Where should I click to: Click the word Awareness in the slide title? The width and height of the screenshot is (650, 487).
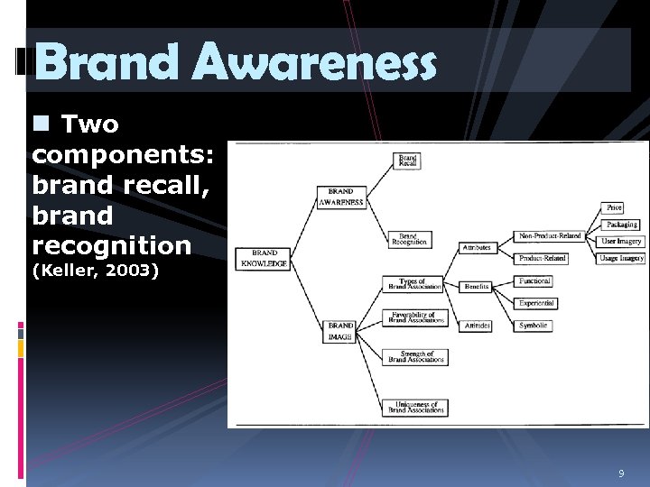(x=314, y=63)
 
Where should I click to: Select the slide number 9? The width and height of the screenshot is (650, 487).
(x=621, y=473)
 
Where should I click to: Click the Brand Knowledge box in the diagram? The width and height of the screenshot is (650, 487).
(x=264, y=259)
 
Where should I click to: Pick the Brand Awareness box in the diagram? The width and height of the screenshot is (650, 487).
(x=340, y=198)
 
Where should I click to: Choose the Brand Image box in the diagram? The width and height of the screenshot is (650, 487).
(x=340, y=331)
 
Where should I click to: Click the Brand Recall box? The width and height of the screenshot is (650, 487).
(x=408, y=161)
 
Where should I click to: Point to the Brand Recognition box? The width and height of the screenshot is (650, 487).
(x=409, y=239)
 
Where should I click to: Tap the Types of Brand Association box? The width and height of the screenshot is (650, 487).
(x=415, y=284)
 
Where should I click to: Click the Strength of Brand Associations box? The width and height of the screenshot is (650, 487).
(x=416, y=356)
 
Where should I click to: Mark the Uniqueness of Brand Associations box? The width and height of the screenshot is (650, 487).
(x=416, y=408)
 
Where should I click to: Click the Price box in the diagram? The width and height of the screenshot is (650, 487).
(x=615, y=208)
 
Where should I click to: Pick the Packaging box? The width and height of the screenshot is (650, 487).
(x=621, y=225)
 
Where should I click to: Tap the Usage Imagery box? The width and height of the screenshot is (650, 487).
(x=621, y=259)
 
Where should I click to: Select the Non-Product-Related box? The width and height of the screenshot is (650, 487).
(x=550, y=236)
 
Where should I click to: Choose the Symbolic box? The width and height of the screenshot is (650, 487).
(x=534, y=326)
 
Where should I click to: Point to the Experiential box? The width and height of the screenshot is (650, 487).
(x=536, y=303)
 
